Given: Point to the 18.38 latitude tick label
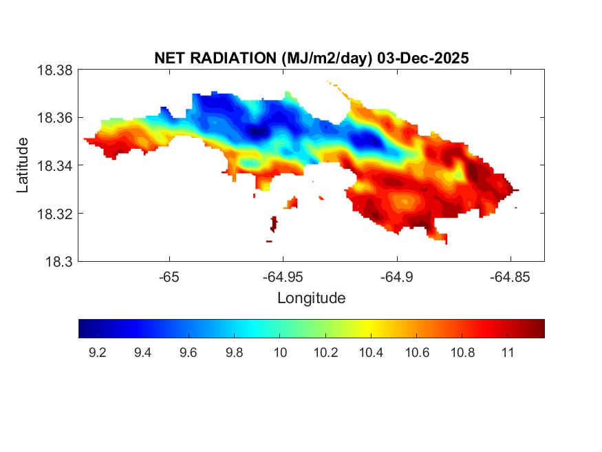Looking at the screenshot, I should pyautogui.click(x=54, y=70).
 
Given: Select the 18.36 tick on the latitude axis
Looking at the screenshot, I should pyautogui.click(x=54, y=118).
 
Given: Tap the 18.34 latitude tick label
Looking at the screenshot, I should pyautogui.click(x=54, y=165).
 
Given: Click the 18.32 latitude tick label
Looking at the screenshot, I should pyautogui.click(x=54, y=214).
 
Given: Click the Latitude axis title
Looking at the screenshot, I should pyautogui.click(x=23, y=165).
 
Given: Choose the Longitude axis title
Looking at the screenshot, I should pyautogui.click(x=311, y=298).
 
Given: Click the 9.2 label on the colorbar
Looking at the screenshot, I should pyautogui.click(x=97, y=353).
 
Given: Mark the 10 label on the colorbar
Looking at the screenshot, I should pyautogui.click(x=279, y=353).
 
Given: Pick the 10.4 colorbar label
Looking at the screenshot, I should pyautogui.click(x=371, y=353).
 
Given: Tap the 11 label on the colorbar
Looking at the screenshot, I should pyautogui.click(x=508, y=353).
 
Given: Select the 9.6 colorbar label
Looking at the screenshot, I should pyautogui.click(x=189, y=353).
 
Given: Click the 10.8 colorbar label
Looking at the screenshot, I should pyautogui.click(x=462, y=353).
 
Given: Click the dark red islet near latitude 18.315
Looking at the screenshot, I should pyautogui.click(x=274, y=224).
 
